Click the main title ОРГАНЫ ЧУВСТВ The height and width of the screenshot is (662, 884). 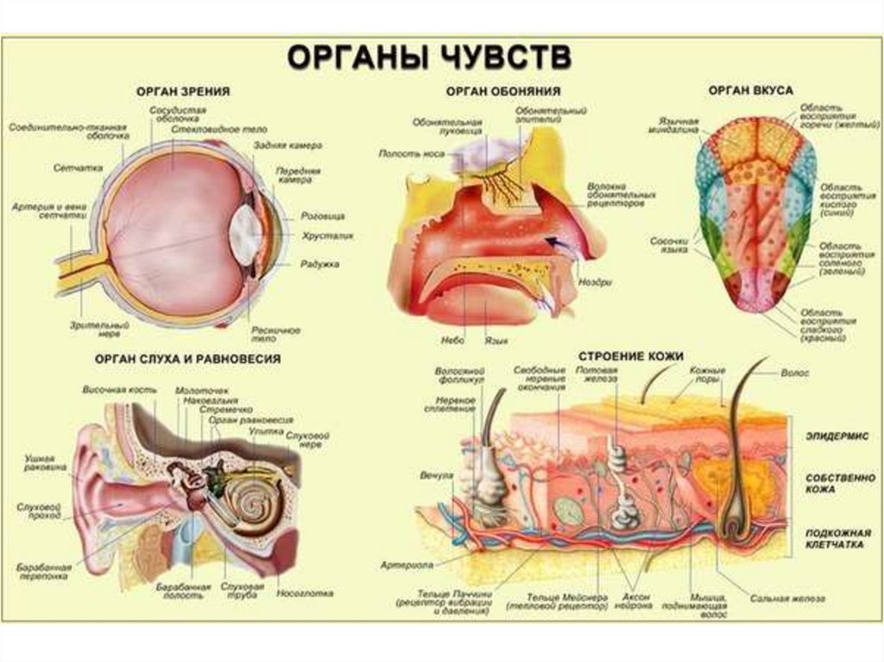[428, 58]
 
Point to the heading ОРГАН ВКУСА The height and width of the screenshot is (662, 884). [750, 89]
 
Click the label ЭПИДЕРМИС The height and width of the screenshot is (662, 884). [837, 438]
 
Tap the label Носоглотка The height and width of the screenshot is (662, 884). [305, 594]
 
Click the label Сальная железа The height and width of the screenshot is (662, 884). [786, 597]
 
